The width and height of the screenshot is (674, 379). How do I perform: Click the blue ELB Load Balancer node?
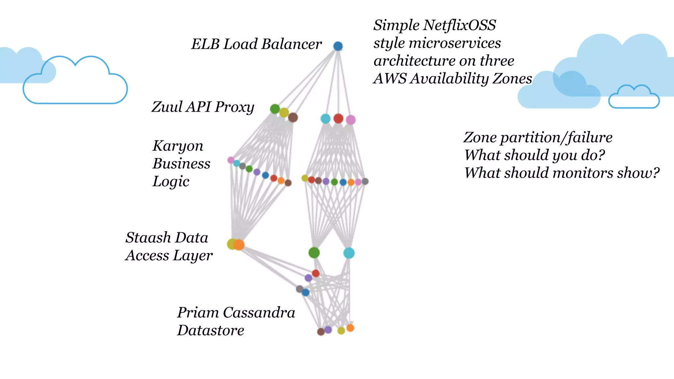338,46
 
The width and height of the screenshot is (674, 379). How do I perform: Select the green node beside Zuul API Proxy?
275,109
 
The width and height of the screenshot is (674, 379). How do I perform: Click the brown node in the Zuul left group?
293,117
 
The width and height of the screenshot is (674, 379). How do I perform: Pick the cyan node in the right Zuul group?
325,119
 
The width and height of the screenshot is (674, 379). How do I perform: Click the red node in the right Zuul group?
338,118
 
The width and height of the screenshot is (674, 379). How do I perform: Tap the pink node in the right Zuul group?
351,120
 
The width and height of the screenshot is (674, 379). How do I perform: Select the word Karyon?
178,146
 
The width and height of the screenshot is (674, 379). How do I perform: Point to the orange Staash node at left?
239,245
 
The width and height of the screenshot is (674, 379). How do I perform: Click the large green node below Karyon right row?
314,253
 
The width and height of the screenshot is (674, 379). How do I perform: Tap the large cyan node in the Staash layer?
349,253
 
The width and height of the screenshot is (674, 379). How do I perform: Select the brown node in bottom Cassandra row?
321,332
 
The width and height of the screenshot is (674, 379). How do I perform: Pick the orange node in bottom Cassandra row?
350,328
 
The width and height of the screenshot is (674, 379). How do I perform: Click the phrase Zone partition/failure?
538,138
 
